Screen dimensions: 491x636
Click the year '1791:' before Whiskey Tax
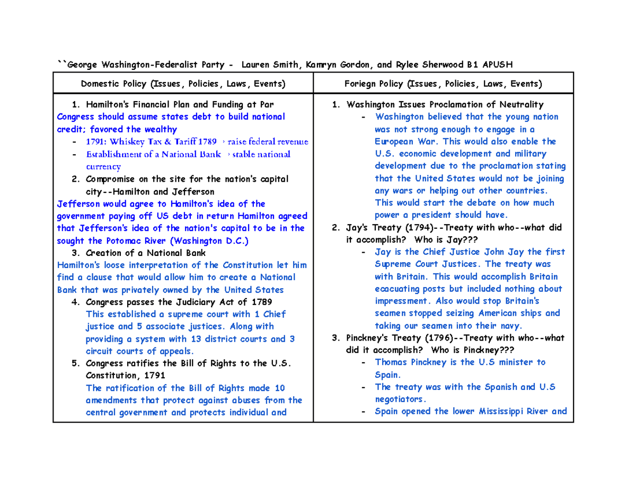pyautogui.click(x=97, y=142)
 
